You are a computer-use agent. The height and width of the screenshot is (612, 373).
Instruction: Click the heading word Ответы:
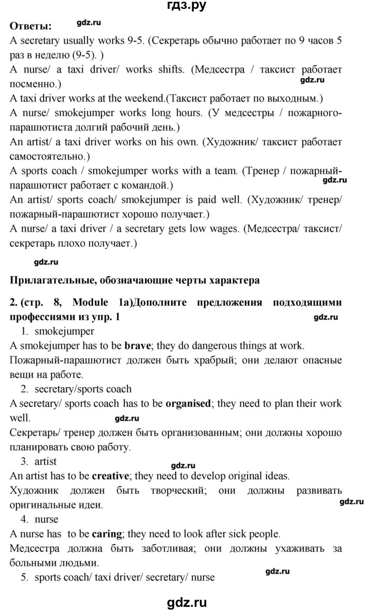[31, 26]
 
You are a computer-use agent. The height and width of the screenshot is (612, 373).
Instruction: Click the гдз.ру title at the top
[186, 7]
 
